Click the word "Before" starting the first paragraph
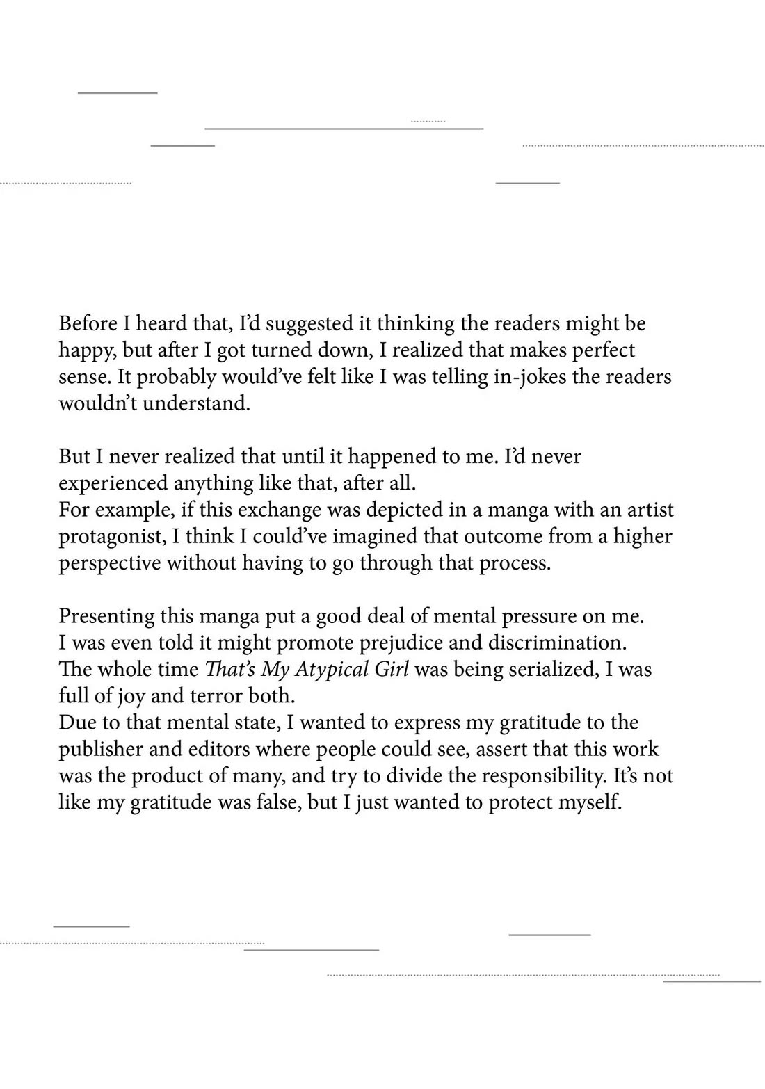pyautogui.click(x=88, y=323)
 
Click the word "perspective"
pyautogui.click(x=109, y=563)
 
